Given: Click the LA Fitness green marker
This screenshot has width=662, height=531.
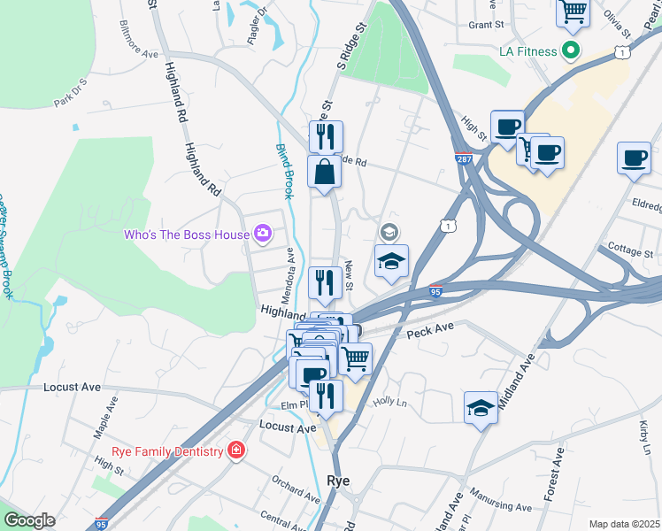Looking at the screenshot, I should [x=571, y=51].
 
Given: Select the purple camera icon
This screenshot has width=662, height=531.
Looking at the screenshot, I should [x=262, y=234].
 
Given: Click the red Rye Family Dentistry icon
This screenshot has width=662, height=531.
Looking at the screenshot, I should [x=235, y=450].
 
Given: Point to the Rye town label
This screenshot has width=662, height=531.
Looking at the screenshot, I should [x=338, y=481].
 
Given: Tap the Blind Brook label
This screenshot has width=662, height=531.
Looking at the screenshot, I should [x=283, y=171].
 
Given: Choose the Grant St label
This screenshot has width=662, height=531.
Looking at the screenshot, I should [x=486, y=25].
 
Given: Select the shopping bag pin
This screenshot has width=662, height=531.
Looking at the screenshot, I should [x=325, y=171].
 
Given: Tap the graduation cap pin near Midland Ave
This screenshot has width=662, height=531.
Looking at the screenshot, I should [x=481, y=408].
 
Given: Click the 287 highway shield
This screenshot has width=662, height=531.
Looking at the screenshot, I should [x=464, y=159].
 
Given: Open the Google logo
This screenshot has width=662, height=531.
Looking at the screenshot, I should [x=30, y=520].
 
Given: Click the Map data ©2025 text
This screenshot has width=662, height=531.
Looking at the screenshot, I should [x=624, y=524].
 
